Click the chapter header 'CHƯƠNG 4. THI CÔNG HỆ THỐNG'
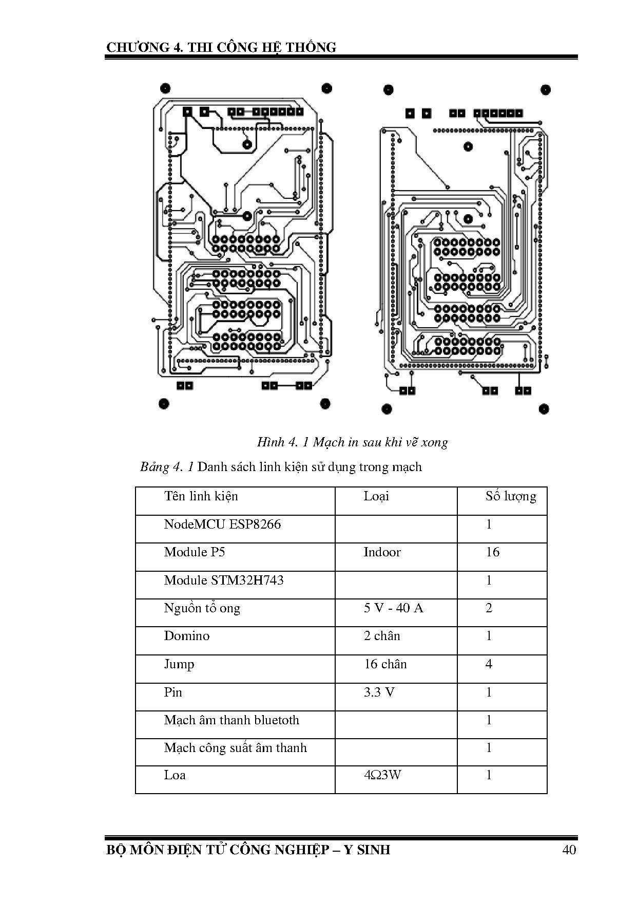[221, 48]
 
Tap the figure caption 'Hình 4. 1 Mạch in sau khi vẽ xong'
[352, 442]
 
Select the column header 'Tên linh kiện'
[201, 496]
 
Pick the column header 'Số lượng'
[511, 496]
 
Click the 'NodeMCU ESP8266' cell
[222, 524]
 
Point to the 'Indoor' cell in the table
[382, 552]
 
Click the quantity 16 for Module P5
[492, 552]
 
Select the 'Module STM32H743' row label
[224, 580]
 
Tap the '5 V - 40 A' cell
[393, 608]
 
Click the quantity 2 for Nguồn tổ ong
[489, 608]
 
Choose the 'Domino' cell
[187, 636]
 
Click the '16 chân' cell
[385, 664]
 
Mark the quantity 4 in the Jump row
[489, 664]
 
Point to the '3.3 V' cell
[379, 692]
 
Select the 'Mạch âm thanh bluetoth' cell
[231, 720]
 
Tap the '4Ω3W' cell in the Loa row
[382, 775]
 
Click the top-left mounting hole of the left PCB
[165, 88]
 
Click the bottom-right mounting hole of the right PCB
[544, 409]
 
